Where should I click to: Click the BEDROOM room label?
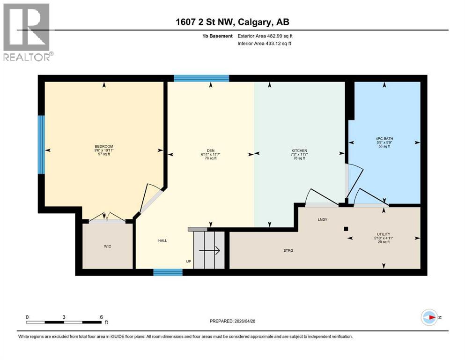[x=104, y=146]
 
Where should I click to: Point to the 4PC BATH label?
[x=384, y=139]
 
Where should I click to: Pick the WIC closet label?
[x=108, y=246]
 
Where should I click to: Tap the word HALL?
[x=162, y=240]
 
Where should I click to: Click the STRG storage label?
[x=288, y=251]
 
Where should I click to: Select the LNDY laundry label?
[x=322, y=219]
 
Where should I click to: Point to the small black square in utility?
[x=346, y=229]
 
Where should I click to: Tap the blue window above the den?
[x=201, y=78]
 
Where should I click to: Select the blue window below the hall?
[x=168, y=272]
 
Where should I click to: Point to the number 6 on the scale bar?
[x=101, y=316]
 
